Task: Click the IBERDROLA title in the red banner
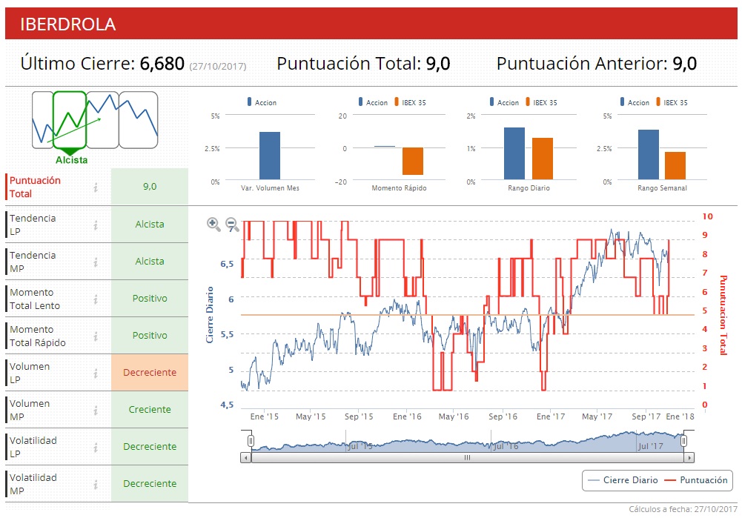coord(68,24)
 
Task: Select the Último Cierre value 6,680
coord(162,64)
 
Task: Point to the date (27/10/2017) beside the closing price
coord(218,66)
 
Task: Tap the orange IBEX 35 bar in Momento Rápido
coord(413,162)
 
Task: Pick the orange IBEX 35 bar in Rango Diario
coord(542,159)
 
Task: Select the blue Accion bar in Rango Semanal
coord(649,154)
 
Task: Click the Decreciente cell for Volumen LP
coord(150,373)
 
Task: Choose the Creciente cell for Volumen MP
coord(150,410)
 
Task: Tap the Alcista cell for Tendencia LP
coord(150,225)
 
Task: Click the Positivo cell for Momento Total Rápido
coord(150,336)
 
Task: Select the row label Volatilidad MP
coord(33,484)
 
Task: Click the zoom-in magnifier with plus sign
coord(213,224)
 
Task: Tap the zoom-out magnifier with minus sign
coord(231,224)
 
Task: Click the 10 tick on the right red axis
coord(707,216)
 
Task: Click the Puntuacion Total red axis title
coord(723,314)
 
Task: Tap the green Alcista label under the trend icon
coord(71,160)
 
